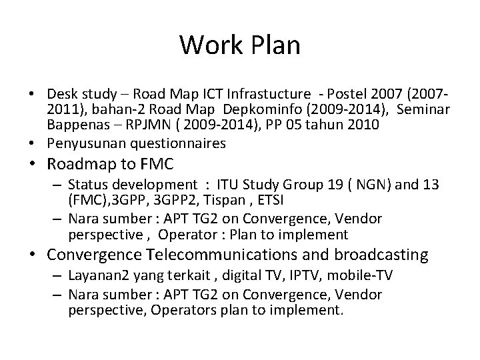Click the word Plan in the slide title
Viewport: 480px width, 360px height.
(274, 45)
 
